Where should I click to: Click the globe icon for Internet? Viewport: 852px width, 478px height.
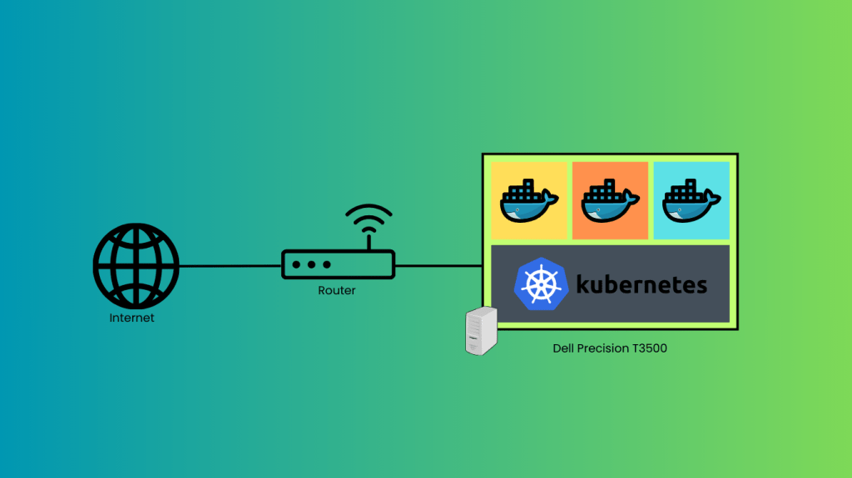click(136, 266)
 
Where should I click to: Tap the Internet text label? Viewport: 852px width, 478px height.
click(132, 318)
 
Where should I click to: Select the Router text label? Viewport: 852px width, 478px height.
click(337, 290)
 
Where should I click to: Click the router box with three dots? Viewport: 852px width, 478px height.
click(338, 264)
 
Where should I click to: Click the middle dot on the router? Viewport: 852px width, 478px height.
click(310, 264)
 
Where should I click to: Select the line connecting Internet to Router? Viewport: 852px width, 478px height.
click(230, 266)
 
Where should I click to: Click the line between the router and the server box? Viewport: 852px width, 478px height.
click(438, 266)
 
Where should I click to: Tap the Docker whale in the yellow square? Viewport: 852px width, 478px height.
click(529, 202)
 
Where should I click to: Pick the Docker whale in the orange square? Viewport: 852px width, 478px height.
click(610, 202)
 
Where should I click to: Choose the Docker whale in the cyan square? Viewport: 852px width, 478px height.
click(691, 202)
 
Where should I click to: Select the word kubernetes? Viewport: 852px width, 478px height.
click(641, 284)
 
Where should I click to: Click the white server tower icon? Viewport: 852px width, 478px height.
click(482, 330)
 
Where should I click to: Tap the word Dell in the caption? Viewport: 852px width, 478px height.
click(564, 348)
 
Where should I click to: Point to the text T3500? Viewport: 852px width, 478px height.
click(649, 348)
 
